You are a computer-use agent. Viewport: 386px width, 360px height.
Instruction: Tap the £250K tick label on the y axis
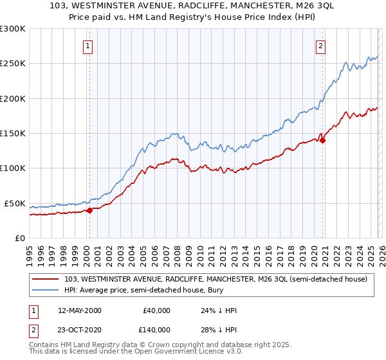(12, 64)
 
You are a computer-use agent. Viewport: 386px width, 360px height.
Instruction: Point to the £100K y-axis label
(12, 168)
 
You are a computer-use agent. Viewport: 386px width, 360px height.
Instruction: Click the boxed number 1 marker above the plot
(87, 45)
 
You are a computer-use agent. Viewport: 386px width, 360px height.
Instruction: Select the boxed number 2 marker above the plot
(320, 45)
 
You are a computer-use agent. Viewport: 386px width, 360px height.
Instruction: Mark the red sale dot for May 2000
(90, 210)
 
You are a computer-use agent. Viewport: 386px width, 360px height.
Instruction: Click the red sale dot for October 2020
(323, 140)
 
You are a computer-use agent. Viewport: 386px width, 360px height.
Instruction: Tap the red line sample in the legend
(46, 279)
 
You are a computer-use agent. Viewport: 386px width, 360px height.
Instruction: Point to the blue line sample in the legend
(46, 290)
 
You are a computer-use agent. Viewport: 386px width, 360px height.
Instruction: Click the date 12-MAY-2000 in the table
(79, 310)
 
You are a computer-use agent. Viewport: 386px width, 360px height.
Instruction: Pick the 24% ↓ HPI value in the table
(219, 310)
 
